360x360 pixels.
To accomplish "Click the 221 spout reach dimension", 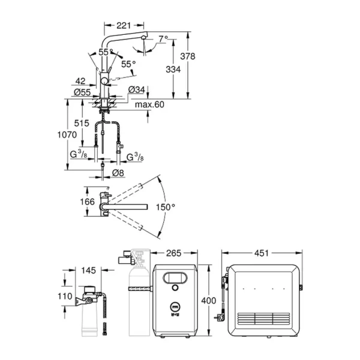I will click(122, 26).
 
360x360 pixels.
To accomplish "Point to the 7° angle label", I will click(164, 40).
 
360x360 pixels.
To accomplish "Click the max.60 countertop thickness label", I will click(148, 105).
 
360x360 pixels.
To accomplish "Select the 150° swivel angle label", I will click(164, 207).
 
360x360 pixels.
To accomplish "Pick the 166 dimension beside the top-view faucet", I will click(88, 202).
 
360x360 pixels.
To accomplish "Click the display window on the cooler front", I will click(178, 278).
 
